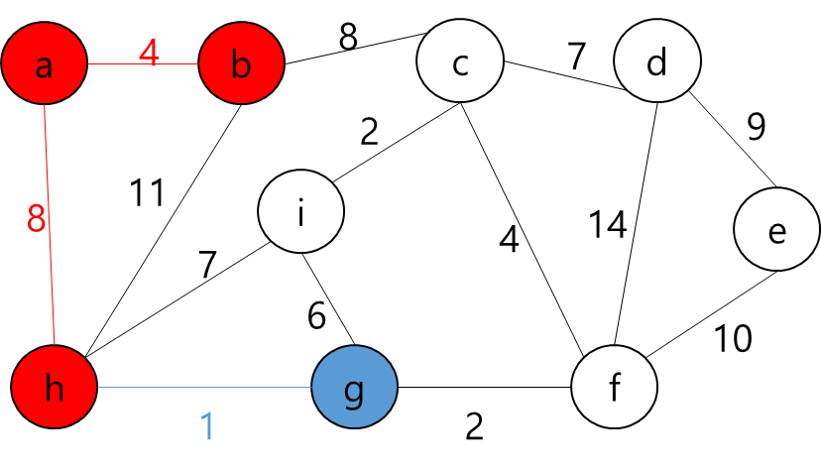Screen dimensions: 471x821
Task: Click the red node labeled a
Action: point(44,63)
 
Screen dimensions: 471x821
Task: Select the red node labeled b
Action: point(241,63)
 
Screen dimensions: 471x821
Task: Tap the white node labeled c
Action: point(460,61)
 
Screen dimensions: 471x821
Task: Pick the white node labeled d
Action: point(656,61)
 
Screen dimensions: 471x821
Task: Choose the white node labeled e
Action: point(776,229)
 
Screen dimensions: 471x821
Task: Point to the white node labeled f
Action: point(614,387)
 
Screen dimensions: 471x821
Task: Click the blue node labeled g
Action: point(354,387)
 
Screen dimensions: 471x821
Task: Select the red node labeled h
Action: point(55,387)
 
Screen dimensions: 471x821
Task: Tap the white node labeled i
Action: point(300,211)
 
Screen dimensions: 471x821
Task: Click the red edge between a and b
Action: point(119,64)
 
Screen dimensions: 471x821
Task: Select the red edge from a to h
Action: point(51,258)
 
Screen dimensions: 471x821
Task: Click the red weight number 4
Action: point(149,53)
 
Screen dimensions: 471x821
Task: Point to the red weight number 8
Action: point(37,219)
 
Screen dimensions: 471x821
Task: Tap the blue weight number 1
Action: point(207,425)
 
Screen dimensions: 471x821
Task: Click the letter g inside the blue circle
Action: point(354,390)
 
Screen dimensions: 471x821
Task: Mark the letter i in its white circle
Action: point(300,211)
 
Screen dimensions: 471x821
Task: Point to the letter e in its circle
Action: point(776,232)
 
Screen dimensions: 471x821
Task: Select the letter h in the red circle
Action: point(55,389)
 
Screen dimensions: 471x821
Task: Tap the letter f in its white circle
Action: point(614,387)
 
